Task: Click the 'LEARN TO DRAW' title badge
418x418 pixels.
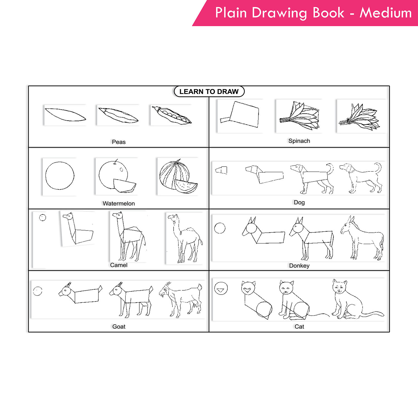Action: [x=209, y=91]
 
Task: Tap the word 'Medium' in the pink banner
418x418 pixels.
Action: [x=385, y=13]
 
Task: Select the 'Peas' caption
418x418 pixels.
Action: [x=119, y=142]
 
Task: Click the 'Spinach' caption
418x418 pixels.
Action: [x=299, y=141]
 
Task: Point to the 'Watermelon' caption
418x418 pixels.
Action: [x=119, y=203]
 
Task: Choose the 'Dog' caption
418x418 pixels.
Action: [x=299, y=202]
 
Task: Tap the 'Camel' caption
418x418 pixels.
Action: [x=119, y=265]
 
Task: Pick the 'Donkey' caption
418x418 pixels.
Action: [x=299, y=266]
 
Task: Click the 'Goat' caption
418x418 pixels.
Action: [x=119, y=327]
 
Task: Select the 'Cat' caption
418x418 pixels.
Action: [x=299, y=327]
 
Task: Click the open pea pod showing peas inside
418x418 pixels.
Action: [x=171, y=115]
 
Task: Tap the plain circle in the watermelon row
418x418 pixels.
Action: [x=60, y=176]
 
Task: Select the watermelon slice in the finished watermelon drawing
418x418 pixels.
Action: [x=186, y=186]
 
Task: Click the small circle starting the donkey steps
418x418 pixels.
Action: [x=220, y=228]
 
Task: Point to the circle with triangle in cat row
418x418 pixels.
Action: [x=221, y=288]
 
